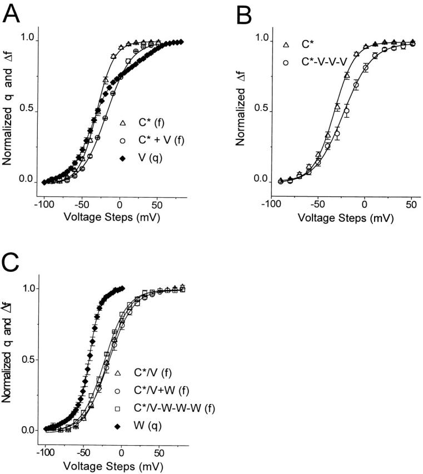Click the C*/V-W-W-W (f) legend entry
(x=176, y=409)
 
